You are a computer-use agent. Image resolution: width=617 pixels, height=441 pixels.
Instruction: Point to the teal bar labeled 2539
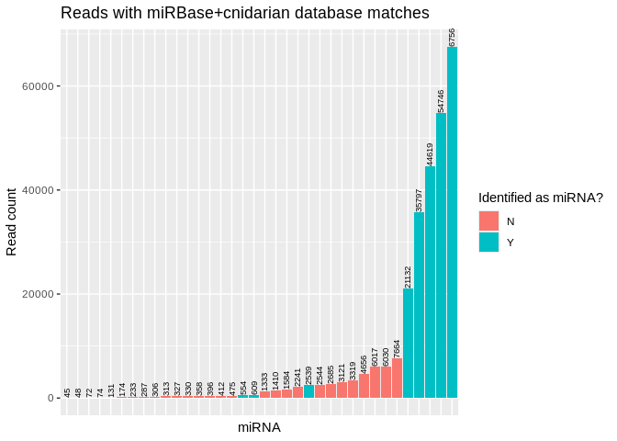[309, 391]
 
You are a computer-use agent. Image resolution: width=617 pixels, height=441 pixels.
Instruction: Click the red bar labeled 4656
[365, 386]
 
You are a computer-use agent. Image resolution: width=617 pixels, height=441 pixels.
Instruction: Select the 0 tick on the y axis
[52, 398]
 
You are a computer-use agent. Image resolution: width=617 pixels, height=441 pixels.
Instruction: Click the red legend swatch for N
[488, 221]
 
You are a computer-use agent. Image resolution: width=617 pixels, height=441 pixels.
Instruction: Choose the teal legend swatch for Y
[488, 243]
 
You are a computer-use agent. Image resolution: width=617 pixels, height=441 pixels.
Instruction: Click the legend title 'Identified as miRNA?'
[540, 198]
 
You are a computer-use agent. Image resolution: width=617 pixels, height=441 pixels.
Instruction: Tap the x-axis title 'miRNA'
[259, 427]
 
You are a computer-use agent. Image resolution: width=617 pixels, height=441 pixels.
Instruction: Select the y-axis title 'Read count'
[13, 221]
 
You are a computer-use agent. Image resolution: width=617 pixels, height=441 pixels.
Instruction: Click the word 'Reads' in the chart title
[83, 13]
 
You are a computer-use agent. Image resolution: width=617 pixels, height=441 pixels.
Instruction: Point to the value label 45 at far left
[67, 392]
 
